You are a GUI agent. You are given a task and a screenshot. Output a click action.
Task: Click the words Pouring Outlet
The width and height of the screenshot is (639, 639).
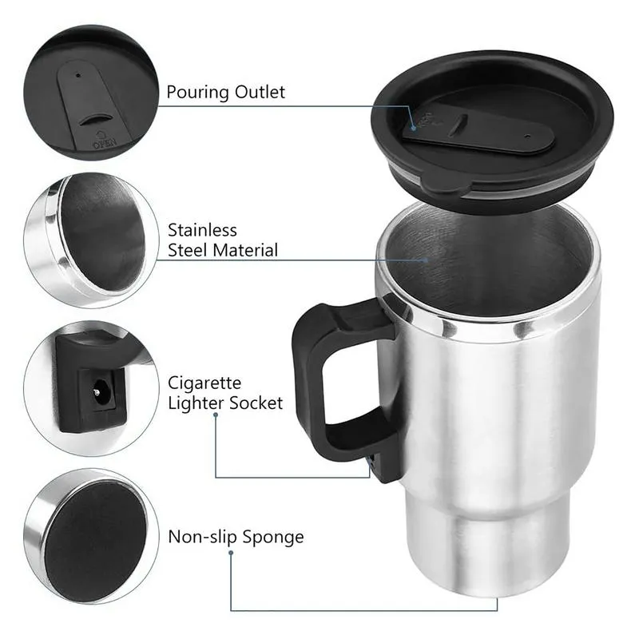(x=225, y=93)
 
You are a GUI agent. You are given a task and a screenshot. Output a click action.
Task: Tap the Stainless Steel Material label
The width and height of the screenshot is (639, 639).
(x=222, y=240)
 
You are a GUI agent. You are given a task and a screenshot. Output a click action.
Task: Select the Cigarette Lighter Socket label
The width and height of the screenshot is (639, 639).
(x=224, y=393)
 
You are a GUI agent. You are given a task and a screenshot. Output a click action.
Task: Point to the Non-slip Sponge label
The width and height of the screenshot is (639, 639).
(x=236, y=537)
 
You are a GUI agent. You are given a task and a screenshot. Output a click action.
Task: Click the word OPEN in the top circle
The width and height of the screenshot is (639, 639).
(x=105, y=145)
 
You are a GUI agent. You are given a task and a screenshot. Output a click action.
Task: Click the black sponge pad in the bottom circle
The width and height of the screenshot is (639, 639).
(x=94, y=532)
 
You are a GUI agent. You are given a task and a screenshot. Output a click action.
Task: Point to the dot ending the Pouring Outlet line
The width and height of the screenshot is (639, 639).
(x=414, y=125)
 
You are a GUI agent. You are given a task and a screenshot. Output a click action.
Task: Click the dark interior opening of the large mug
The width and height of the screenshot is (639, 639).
(x=487, y=256)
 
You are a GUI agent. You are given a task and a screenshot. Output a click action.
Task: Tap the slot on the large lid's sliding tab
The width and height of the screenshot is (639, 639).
(x=458, y=126)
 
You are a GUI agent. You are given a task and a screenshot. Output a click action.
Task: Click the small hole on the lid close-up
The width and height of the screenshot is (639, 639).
(x=77, y=78)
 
